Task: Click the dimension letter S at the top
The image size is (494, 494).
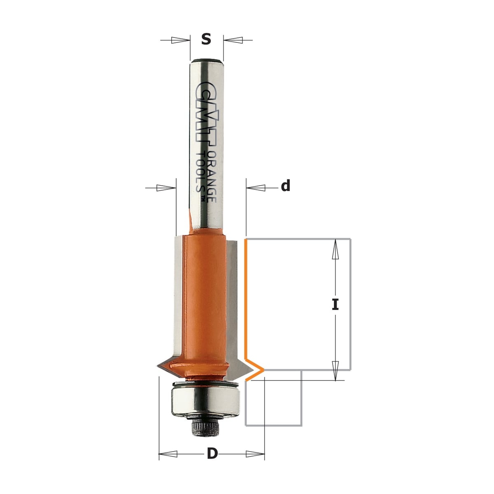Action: [x=206, y=39]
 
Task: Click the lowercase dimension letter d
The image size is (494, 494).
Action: [x=286, y=185]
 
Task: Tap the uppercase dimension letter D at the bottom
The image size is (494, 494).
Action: [x=212, y=454]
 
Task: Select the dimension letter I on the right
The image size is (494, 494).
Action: [x=335, y=304]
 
